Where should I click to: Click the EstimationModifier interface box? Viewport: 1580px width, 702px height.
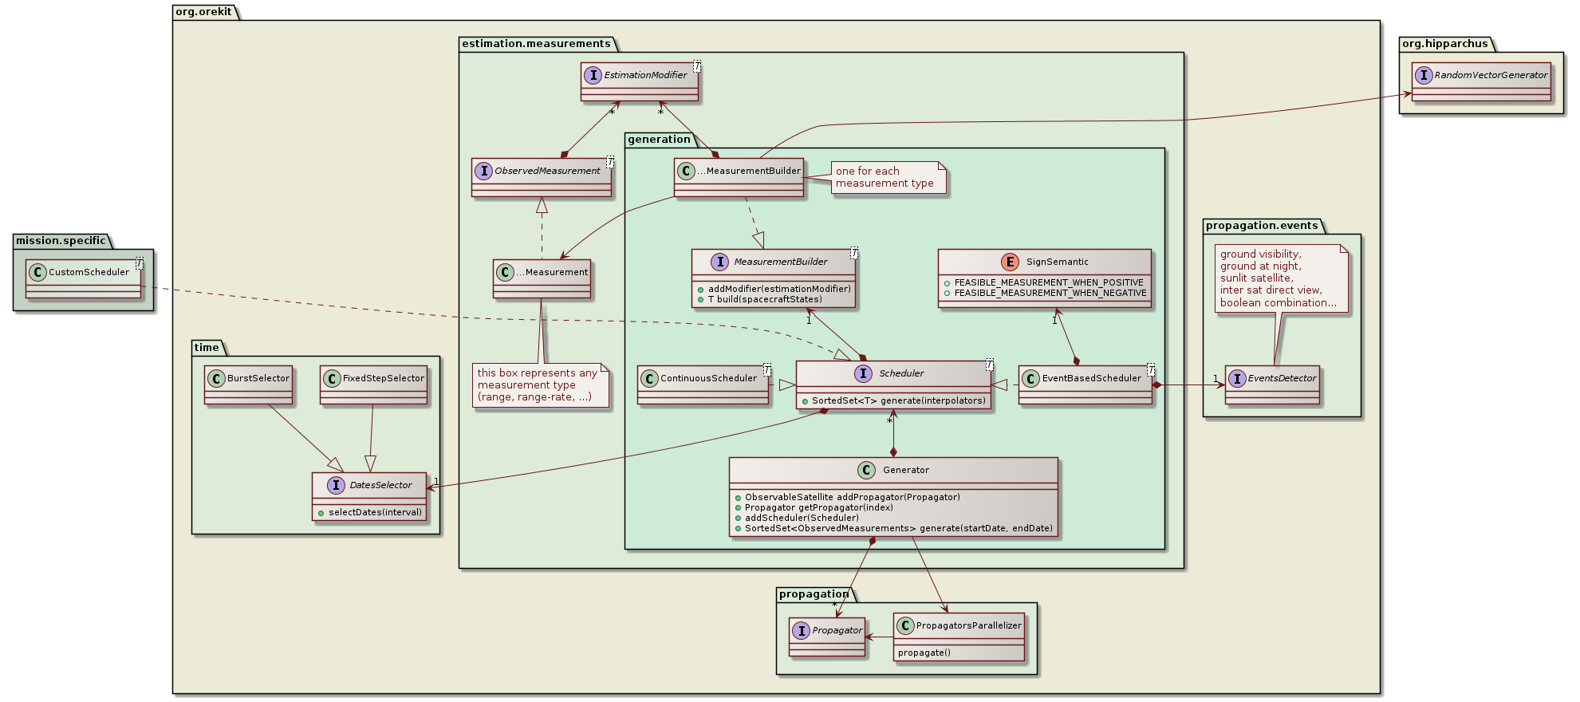[640, 82]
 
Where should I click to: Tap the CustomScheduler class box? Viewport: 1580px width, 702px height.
[84, 278]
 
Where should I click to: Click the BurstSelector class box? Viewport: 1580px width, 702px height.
[248, 385]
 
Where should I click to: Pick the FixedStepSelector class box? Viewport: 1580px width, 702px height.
[374, 385]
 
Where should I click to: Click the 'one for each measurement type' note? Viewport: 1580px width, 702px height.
[885, 177]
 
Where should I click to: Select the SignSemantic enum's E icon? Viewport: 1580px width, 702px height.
[1011, 262]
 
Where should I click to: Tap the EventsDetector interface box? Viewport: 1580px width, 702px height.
[1272, 385]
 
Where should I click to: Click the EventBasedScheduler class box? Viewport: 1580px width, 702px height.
[1085, 385]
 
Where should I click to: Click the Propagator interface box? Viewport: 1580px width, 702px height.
[827, 637]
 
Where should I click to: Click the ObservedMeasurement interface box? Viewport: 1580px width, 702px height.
[542, 177]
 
